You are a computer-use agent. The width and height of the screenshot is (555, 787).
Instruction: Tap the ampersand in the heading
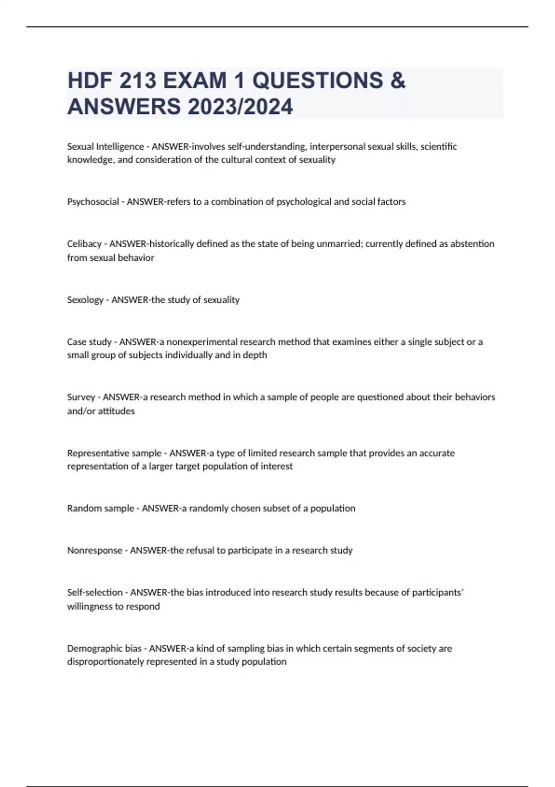tap(398, 81)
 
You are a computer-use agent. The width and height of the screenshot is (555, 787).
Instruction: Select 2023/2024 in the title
tap(240, 106)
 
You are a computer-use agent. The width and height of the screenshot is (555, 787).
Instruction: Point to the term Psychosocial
tap(93, 202)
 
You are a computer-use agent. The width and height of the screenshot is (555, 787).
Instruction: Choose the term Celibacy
tap(84, 244)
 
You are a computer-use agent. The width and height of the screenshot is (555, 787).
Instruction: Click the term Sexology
tap(85, 300)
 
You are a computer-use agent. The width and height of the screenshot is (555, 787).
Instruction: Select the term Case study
tap(89, 342)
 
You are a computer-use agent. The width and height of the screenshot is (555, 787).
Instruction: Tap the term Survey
tap(81, 397)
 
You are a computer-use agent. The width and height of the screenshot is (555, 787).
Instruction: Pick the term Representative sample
tap(114, 453)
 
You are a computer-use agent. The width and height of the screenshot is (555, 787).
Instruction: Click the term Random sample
tap(100, 508)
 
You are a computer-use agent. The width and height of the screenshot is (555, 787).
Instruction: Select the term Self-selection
tap(95, 593)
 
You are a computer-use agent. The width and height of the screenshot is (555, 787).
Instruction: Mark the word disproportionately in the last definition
tap(105, 662)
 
